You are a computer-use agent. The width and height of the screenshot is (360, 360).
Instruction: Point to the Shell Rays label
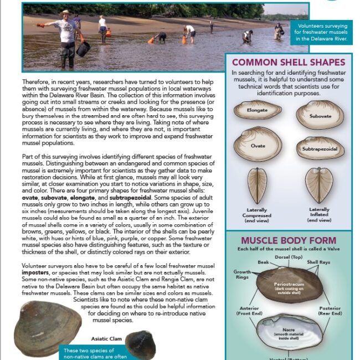pos(320,262)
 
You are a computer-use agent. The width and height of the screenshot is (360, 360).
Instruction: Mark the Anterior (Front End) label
pos(245,311)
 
